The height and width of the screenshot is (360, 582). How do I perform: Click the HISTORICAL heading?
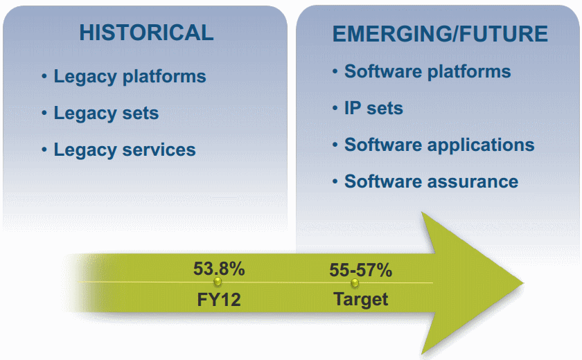(146, 33)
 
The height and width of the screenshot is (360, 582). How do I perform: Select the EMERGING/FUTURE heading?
(440, 34)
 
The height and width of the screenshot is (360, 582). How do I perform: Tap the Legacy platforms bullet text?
(130, 77)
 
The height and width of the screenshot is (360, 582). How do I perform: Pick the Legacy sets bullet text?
(106, 114)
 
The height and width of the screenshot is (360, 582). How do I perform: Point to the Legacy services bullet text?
(125, 150)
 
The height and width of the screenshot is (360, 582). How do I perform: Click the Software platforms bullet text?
(427, 72)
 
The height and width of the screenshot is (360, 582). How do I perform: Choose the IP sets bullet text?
(373, 109)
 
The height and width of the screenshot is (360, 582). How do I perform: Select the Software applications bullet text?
(439, 145)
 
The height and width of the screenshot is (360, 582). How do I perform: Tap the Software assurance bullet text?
(431, 181)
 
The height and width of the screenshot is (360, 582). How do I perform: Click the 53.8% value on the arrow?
(219, 269)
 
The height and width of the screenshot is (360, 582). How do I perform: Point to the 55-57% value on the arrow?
(361, 270)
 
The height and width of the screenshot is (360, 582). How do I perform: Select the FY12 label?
(219, 300)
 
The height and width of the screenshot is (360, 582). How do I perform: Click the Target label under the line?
(360, 300)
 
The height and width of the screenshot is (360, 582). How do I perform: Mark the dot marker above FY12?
(218, 282)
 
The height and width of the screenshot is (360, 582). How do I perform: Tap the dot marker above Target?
(355, 283)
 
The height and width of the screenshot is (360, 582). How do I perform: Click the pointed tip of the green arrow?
(523, 283)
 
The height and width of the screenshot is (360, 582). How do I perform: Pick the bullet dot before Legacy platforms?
(44, 76)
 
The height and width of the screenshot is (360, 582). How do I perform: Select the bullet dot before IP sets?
(335, 108)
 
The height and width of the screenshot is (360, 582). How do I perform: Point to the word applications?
(481, 145)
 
